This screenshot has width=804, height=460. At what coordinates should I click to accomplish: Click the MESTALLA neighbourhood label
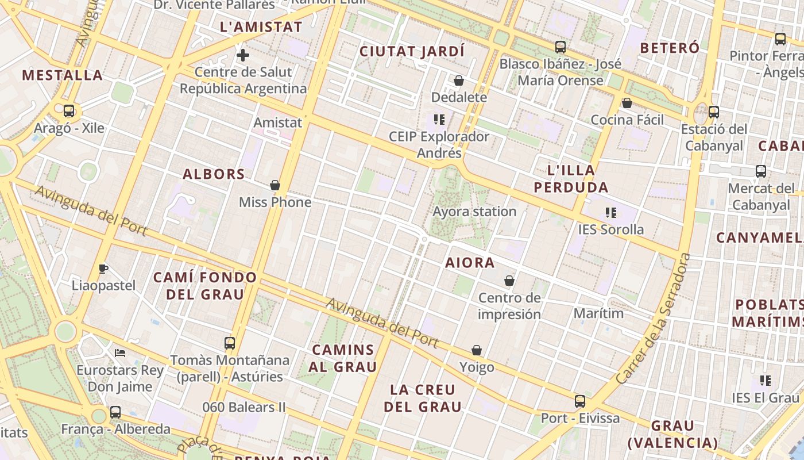point(62,75)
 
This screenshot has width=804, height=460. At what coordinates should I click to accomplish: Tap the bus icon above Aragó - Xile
point(69,111)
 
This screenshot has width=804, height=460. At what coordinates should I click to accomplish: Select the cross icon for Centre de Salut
point(243,55)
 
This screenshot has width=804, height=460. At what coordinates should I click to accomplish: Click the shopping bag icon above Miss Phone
point(275,185)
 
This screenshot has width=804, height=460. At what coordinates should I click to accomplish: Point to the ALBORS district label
point(214,174)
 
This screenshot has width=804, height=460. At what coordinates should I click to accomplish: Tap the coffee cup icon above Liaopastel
point(103,269)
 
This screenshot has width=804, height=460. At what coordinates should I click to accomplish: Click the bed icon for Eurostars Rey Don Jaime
point(120,352)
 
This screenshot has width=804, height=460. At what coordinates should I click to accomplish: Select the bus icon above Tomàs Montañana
point(230,343)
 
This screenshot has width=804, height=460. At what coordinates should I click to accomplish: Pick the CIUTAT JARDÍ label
point(412,51)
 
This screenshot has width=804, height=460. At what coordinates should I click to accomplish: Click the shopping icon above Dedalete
point(459,80)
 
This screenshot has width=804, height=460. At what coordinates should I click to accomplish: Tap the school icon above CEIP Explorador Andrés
point(439,120)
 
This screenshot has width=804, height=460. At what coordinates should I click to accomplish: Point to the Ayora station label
point(474,212)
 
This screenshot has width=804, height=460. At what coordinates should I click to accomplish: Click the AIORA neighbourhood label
point(470,263)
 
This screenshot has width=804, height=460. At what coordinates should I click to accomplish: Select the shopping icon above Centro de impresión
point(509,281)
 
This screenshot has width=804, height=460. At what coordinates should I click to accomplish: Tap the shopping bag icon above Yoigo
point(477,350)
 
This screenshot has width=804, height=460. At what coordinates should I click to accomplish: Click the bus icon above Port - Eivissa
point(580,401)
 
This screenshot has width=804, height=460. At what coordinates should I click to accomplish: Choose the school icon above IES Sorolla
point(611,213)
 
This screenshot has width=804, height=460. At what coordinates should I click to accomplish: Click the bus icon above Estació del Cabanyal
point(714,112)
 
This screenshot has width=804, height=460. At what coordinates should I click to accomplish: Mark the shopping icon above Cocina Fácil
point(627,103)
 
